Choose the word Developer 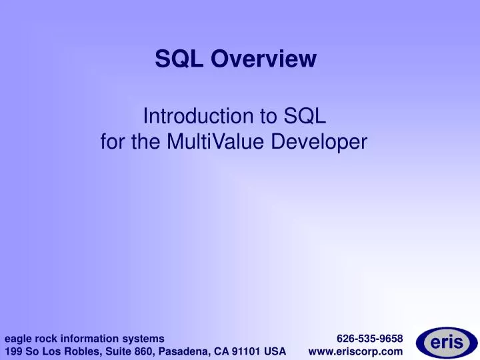(323, 141)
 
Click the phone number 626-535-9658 (369, 338)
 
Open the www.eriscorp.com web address (356, 351)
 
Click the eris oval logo (446, 343)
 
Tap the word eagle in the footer (18, 338)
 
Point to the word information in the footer (89, 338)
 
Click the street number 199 (13, 351)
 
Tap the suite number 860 (135, 351)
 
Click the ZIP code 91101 (247, 351)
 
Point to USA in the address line (275, 351)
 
